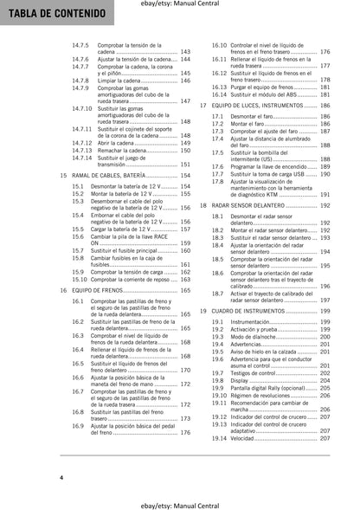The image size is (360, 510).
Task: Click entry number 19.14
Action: tap(221, 440)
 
